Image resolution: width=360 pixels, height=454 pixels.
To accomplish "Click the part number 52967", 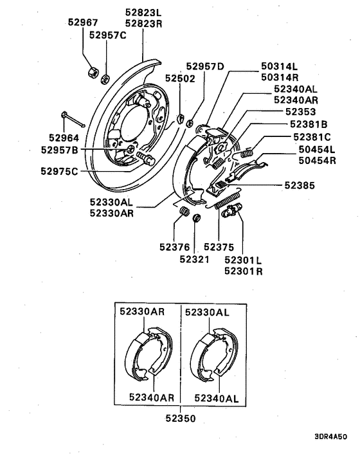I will pyautogui.click(x=83, y=22).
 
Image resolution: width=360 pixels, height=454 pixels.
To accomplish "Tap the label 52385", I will pyautogui.click(x=301, y=185).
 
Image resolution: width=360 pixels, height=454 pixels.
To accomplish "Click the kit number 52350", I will pyautogui.click(x=180, y=417).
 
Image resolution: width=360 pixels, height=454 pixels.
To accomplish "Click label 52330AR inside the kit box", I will pyautogui.click(x=142, y=311).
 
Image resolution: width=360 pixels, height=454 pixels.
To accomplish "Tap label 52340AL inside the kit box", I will pyautogui.click(x=216, y=398).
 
